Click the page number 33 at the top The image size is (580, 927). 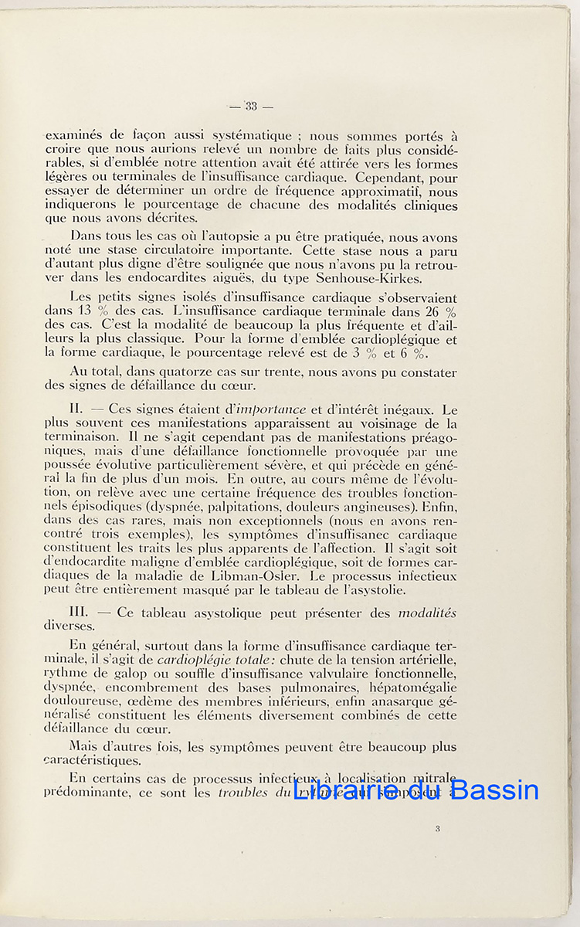pos(251,106)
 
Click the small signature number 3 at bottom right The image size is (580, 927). pos(438,829)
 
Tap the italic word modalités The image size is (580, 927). pos(426,613)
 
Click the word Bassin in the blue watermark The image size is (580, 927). pos(494,790)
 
